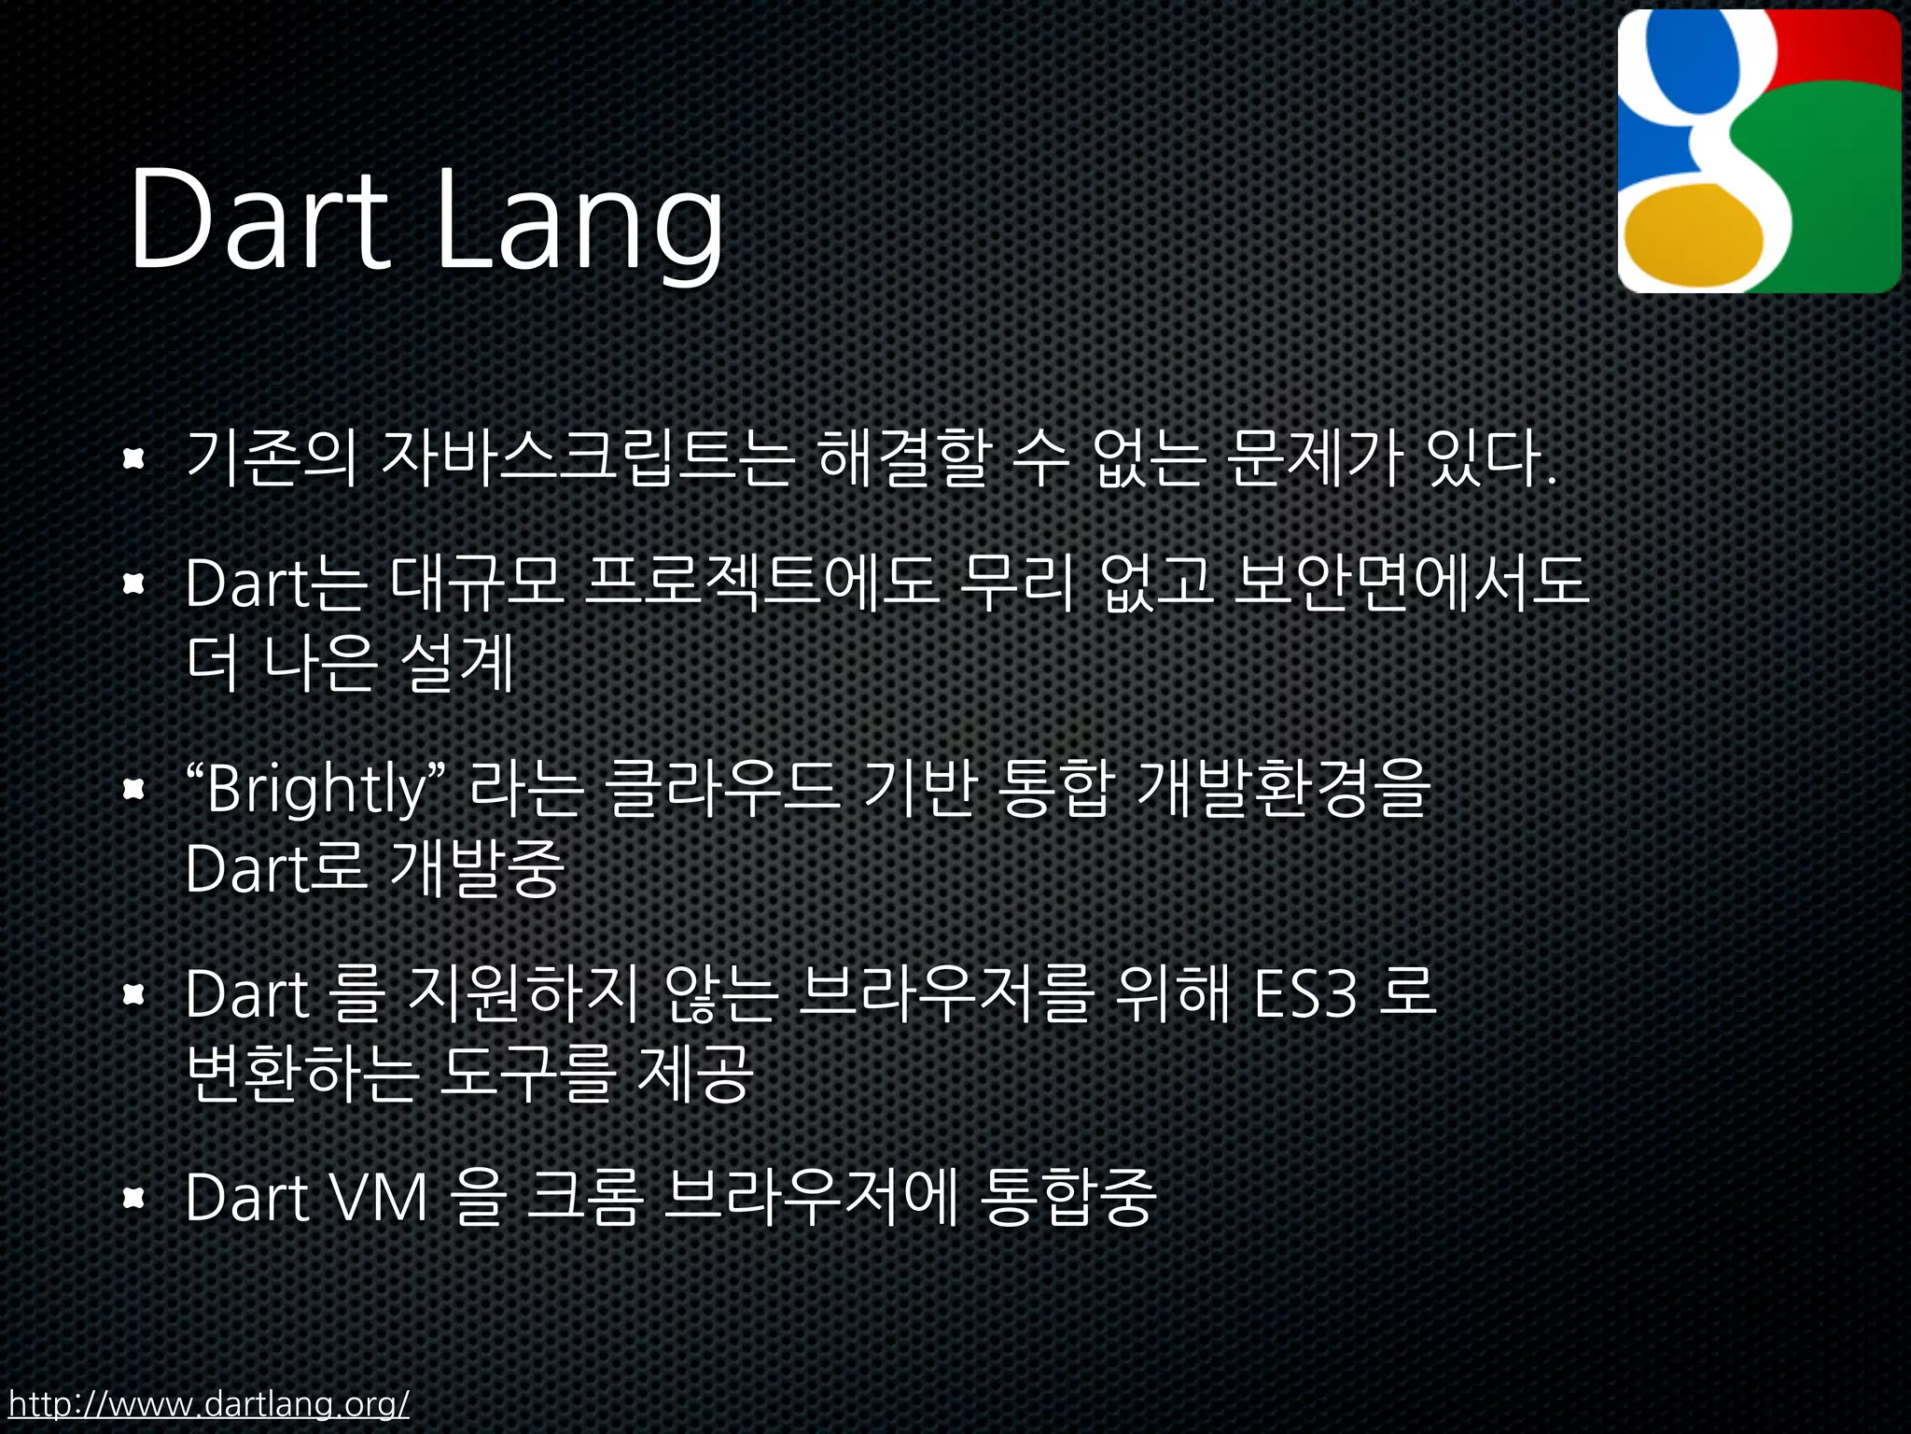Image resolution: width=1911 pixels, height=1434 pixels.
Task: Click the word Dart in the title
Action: click(258, 219)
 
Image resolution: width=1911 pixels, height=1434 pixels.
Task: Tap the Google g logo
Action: click(1759, 151)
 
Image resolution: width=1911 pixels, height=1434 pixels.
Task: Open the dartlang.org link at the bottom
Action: click(209, 1403)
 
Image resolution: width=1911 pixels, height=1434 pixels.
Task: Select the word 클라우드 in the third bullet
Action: click(722, 789)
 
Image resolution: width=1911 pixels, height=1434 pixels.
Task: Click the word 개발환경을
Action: click(1283, 789)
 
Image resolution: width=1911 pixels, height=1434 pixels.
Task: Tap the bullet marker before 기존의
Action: click(134, 458)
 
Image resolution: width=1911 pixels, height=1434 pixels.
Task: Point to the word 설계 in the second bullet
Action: click(457, 664)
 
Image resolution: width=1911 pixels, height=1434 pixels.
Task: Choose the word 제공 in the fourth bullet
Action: click(695, 1074)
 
